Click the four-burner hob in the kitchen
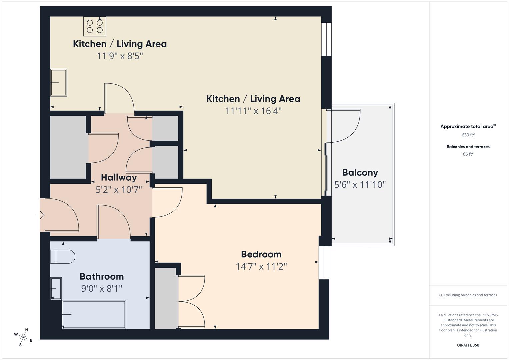click(x=95, y=26)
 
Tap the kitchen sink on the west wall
click(x=59, y=82)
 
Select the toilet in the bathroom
click(x=63, y=257)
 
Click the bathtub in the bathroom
click(x=94, y=314)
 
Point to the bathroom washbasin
click(x=56, y=288)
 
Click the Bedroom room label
click(x=261, y=254)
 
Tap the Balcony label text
click(x=360, y=173)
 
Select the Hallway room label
click(x=119, y=177)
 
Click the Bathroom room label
click(x=102, y=276)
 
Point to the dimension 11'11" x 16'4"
click(x=253, y=111)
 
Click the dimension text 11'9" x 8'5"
click(x=120, y=56)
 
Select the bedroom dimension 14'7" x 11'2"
click(x=261, y=267)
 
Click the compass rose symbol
click(x=23, y=337)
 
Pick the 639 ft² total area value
click(x=468, y=135)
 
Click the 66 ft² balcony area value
click(x=468, y=154)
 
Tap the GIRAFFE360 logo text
click(x=468, y=345)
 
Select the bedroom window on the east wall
click(x=324, y=262)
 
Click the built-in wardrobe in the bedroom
click(x=165, y=298)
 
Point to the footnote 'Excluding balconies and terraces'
click(x=468, y=295)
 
